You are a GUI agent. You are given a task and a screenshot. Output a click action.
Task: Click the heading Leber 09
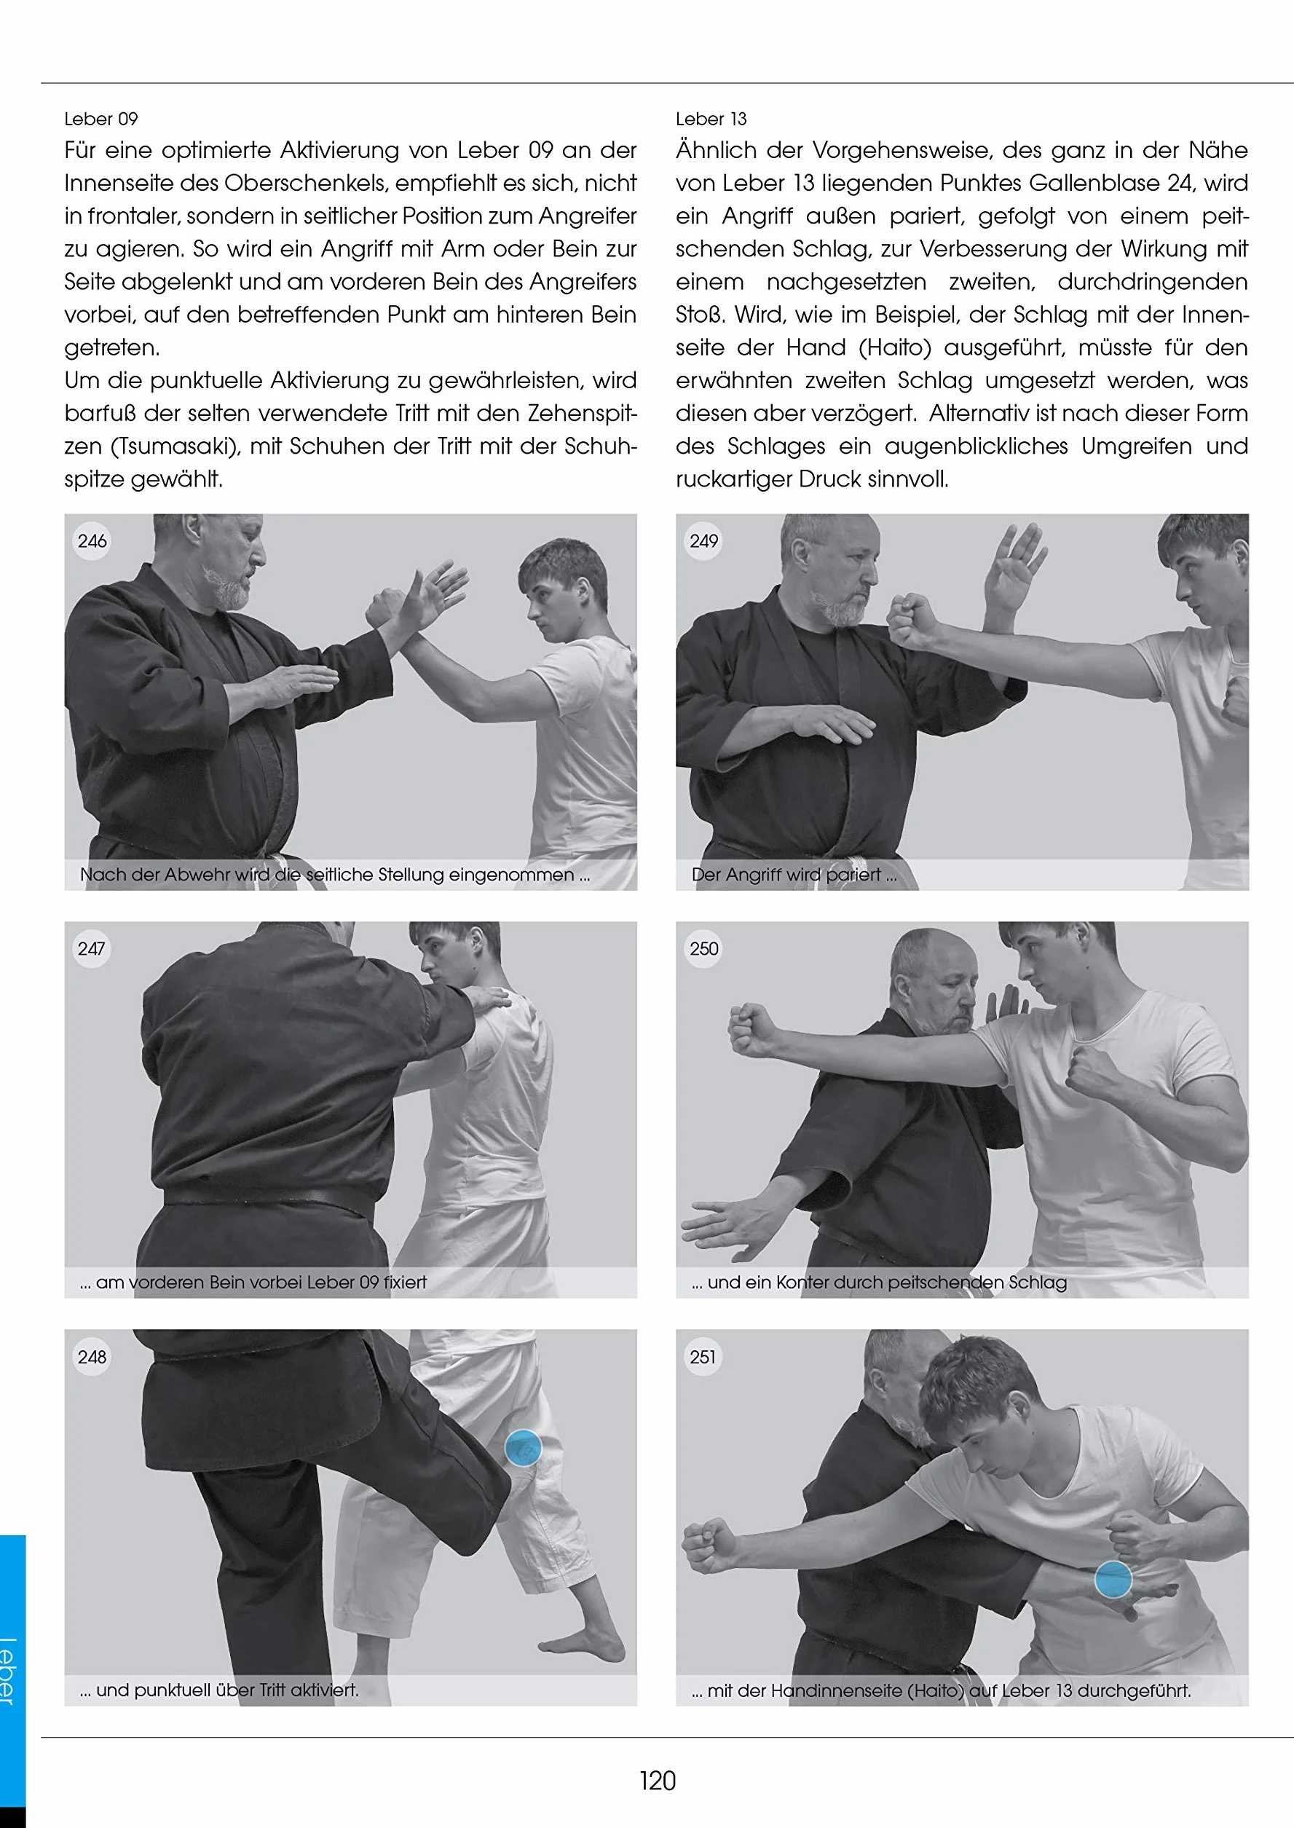tap(101, 119)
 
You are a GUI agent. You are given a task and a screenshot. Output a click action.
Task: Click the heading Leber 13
tap(711, 119)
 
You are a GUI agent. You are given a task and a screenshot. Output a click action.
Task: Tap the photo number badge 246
tap(92, 541)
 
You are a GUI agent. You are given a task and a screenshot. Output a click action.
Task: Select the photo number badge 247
tap(92, 949)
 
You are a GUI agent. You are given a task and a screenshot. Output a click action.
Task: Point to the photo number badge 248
tap(92, 1357)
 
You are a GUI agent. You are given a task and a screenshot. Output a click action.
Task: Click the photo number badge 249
tap(703, 541)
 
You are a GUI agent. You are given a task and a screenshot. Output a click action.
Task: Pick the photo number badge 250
tap(703, 949)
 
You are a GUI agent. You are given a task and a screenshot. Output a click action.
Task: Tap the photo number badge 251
tap(703, 1357)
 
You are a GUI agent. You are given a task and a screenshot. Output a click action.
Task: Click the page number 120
tap(658, 1780)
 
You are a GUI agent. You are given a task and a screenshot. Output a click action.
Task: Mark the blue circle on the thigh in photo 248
tap(524, 1448)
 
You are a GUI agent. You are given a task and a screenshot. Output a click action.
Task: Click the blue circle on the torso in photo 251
tap(1113, 1579)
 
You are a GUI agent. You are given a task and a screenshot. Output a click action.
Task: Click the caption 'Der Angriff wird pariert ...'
tap(794, 874)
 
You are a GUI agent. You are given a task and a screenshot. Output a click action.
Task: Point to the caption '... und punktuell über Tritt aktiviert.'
tap(219, 1690)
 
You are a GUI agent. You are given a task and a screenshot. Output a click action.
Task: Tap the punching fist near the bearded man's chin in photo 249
tap(913, 621)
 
